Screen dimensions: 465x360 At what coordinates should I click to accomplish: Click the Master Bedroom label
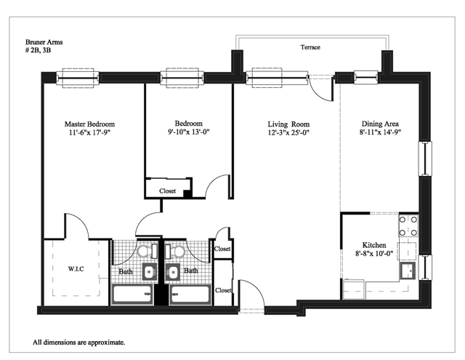[x=89, y=124]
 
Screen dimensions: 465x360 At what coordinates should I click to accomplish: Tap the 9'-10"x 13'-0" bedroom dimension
[x=189, y=132]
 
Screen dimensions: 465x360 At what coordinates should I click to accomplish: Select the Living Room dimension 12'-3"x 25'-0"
[x=288, y=132]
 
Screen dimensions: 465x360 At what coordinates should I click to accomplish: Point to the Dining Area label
[x=380, y=124]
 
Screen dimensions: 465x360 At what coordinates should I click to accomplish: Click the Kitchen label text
[x=374, y=245]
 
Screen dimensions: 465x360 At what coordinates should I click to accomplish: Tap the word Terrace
[x=310, y=47]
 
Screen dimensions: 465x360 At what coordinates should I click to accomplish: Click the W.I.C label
[x=76, y=269]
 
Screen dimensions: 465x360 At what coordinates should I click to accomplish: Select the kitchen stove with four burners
[x=408, y=226]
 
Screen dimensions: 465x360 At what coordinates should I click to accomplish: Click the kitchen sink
[x=408, y=271]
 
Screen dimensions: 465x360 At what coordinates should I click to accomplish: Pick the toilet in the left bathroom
[x=147, y=252]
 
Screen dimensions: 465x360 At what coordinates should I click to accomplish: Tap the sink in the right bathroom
[x=172, y=272]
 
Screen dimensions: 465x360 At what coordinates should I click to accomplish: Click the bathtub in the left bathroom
[x=132, y=294]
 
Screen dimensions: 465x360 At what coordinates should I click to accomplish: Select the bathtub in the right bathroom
[x=190, y=294]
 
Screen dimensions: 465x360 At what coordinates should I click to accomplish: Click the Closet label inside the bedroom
[x=167, y=191]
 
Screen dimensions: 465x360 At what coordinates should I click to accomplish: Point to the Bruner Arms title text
[x=44, y=42]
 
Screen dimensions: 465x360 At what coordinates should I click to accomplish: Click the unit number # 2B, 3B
[x=38, y=50]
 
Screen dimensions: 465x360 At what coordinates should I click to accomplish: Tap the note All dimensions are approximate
[x=79, y=343]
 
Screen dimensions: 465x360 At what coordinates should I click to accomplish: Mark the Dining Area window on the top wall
[x=366, y=78]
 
